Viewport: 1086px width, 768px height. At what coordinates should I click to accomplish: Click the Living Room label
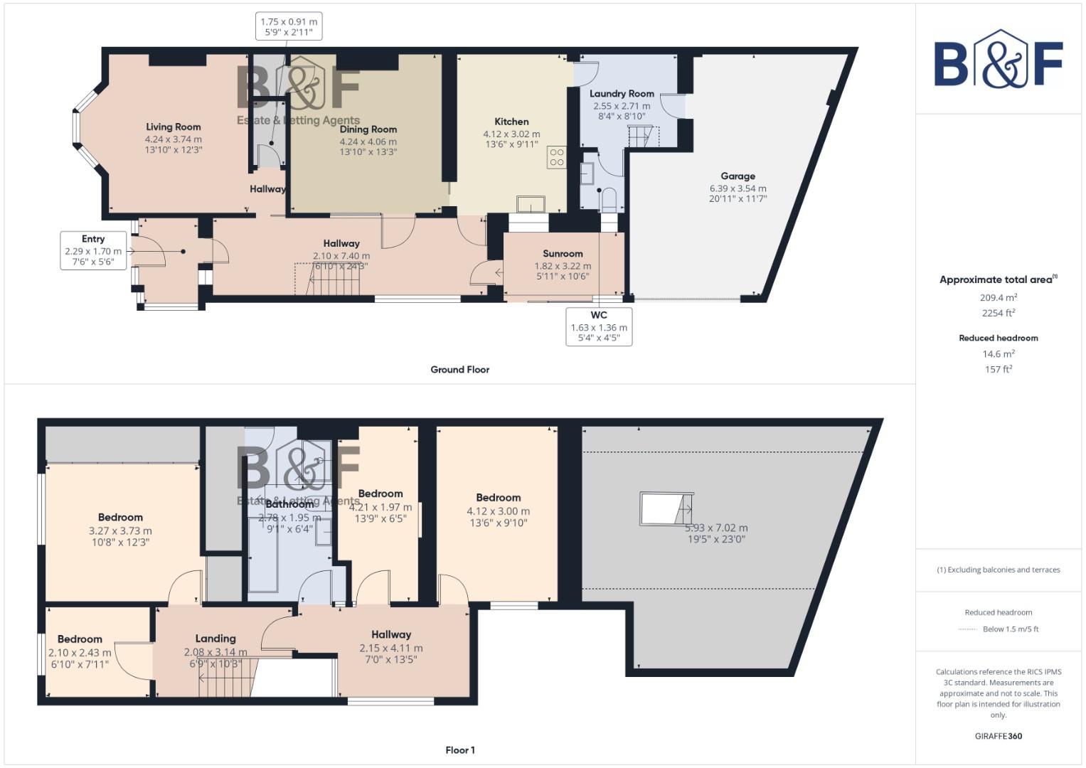[x=173, y=127]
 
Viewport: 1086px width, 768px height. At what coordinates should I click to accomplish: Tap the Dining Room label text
[x=368, y=129]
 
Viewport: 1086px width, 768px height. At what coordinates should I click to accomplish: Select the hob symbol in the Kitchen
[x=556, y=157]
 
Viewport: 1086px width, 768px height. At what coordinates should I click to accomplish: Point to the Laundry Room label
[x=622, y=93]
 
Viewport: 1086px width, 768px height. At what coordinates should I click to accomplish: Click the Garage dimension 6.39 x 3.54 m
[x=738, y=188]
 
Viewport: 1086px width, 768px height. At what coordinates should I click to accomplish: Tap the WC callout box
[x=599, y=326]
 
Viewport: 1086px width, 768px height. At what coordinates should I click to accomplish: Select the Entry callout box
[x=93, y=250]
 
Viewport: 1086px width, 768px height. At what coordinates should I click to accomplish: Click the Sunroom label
[x=563, y=253]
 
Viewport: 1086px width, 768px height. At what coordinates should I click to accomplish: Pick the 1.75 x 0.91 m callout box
[x=289, y=26]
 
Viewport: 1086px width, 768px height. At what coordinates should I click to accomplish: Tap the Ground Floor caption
[x=459, y=369]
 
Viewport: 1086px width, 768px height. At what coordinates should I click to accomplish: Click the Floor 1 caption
[x=459, y=750]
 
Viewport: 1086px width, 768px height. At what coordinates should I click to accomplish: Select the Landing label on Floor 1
[x=215, y=639]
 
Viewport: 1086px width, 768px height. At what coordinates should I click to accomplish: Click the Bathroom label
[x=289, y=504]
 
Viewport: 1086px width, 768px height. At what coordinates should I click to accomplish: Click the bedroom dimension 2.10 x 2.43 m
[x=80, y=653]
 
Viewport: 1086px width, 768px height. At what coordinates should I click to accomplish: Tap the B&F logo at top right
[x=998, y=60]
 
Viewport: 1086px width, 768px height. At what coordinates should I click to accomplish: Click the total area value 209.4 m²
[x=998, y=297]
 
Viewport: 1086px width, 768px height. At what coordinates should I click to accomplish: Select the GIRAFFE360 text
[x=998, y=736]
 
